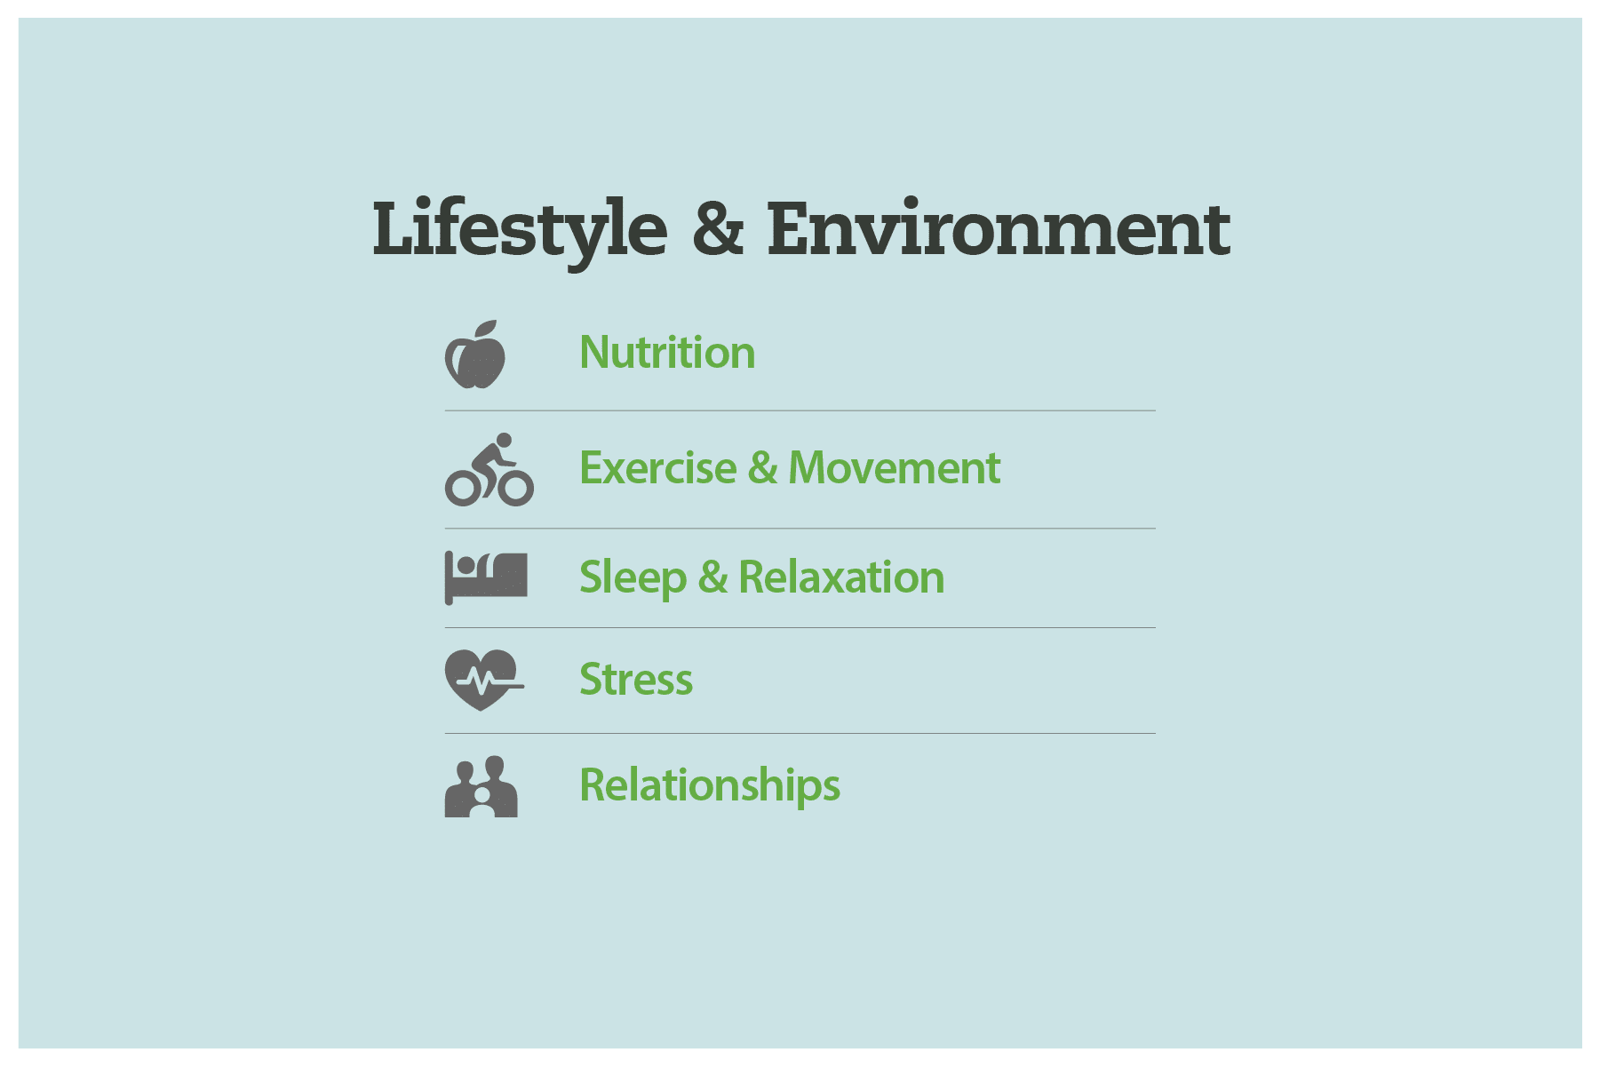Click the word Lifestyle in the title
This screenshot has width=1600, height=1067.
click(520, 228)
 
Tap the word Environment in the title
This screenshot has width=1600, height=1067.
click(999, 228)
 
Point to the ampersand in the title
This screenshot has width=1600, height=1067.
click(717, 228)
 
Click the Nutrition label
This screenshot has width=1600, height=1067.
click(667, 353)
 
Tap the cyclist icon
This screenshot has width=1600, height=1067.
click(489, 470)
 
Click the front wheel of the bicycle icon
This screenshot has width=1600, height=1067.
click(516, 488)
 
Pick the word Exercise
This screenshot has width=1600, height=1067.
click(657, 468)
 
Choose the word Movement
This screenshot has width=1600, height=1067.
click(894, 468)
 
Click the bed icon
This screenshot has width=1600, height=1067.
click(486, 577)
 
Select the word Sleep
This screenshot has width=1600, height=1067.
click(633, 578)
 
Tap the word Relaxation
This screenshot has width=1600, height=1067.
click(841, 577)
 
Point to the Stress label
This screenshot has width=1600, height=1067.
click(636, 680)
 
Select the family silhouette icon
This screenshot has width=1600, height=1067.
click(481, 787)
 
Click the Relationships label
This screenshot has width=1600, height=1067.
click(710, 785)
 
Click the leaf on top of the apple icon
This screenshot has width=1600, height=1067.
click(487, 329)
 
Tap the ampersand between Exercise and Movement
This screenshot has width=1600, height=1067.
click(762, 468)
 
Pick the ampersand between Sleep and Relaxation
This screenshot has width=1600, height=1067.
click(712, 577)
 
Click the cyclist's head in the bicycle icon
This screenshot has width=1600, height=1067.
click(504, 441)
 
